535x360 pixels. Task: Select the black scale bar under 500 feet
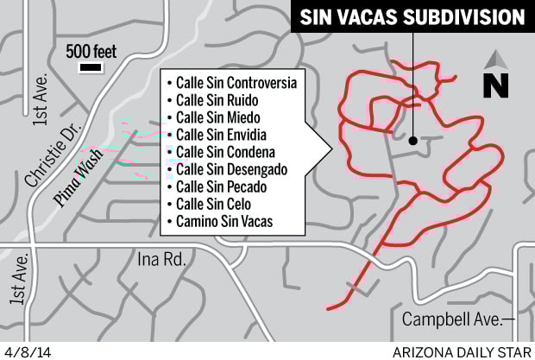click(x=89, y=66)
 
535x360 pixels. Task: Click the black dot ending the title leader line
click(x=413, y=139)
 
